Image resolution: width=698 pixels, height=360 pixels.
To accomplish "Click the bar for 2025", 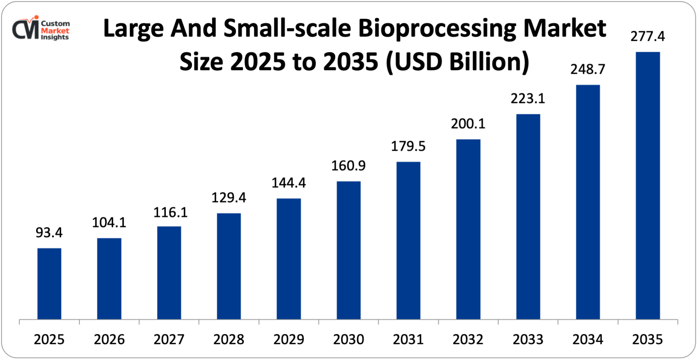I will click(49, 284).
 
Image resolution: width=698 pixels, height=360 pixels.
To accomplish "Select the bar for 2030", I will click(349, 250).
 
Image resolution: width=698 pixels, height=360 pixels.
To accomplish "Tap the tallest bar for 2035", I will click(648, 185).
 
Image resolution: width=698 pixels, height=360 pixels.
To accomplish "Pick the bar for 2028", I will click(229, 266).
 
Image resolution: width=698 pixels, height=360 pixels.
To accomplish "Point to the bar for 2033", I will click(528, 216).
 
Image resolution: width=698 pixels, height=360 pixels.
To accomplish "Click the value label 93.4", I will click(49, 233).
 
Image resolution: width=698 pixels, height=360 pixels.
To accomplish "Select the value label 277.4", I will click(648, 36).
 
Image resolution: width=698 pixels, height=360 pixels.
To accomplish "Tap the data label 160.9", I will click(349, 166).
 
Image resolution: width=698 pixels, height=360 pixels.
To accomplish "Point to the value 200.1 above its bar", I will click(468, 124).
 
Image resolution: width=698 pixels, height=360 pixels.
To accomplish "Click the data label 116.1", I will click(171, 212).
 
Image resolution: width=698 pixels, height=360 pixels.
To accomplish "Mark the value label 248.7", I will click(588, 69).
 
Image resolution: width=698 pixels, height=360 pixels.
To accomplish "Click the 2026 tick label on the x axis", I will click(109, 339).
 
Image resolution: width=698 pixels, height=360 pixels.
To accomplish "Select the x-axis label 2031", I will click(408, 339).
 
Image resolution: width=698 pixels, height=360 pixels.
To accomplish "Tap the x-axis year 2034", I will click(588, 339).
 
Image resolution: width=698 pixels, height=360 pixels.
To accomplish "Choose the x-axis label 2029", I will click(289, 339).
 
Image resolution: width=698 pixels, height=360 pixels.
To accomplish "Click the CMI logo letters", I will click(25, 30).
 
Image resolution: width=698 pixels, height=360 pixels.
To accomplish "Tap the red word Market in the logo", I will click(55, 30).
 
